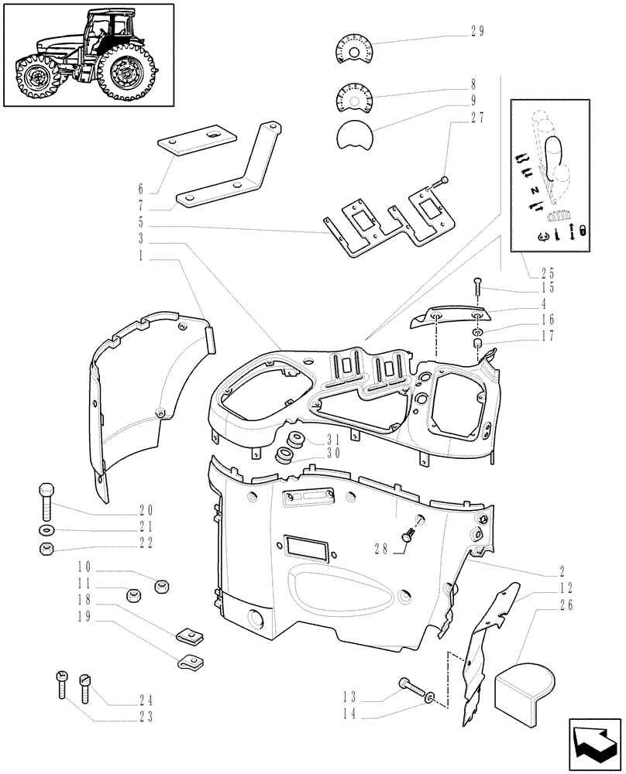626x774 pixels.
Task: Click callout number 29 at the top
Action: point(477,32)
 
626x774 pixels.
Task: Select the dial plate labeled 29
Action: point(354,48)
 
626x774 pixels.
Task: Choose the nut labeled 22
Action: point(46,550)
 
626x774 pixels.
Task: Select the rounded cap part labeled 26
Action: point(525,686)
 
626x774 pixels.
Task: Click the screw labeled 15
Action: point(478,291)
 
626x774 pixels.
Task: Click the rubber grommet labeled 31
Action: point(294,441)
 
